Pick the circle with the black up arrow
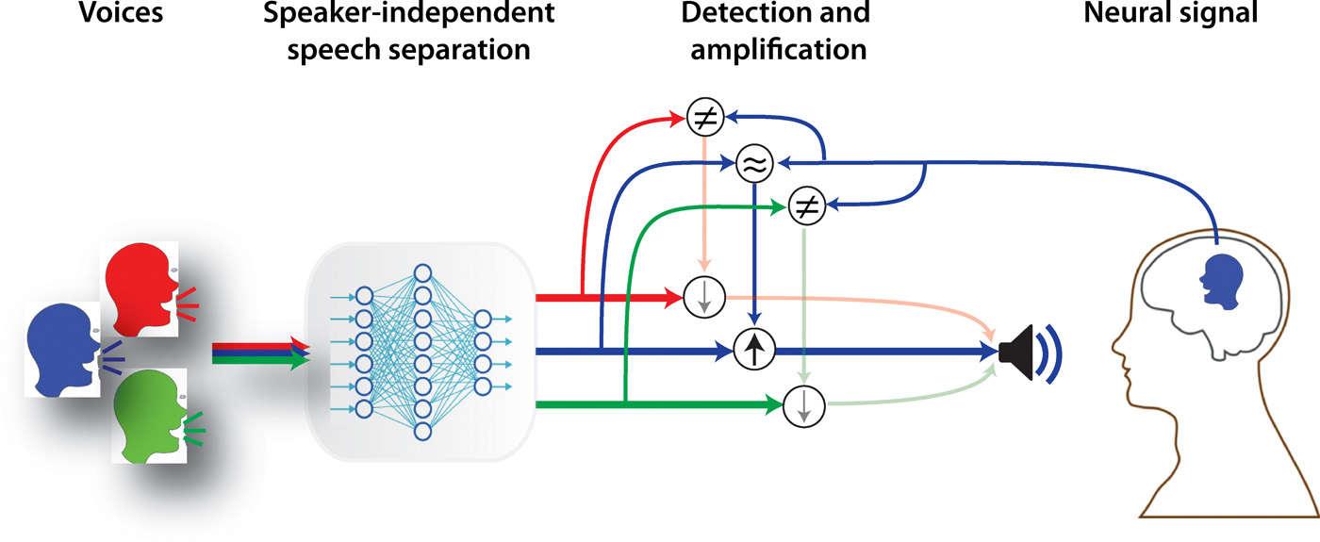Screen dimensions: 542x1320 (753, 351)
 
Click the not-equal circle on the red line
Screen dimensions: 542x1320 (703, 117)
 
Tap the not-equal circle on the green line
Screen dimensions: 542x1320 (804, 204)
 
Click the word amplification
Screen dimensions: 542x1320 (779, 49)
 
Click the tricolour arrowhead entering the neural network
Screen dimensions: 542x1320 (301, 353)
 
